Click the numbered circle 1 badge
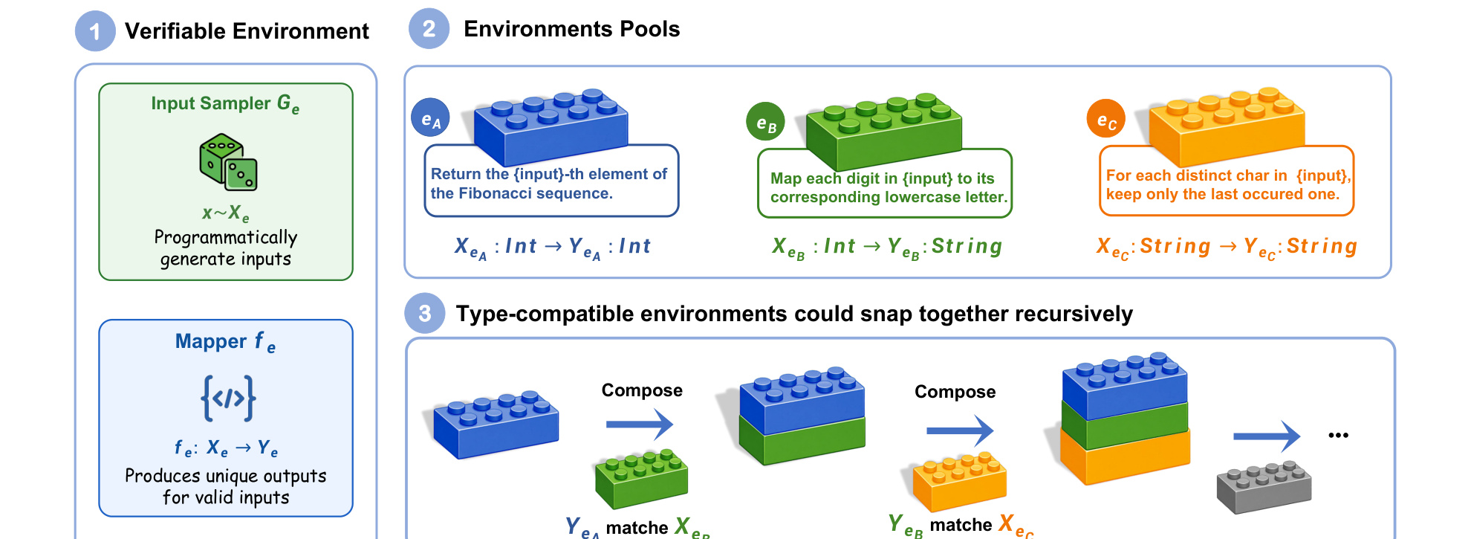[95, 31]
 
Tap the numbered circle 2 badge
[429, 29]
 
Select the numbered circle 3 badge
[424, 313]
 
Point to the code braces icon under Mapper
[228, 398]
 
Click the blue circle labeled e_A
[431, 119]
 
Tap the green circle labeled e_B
[765, 122]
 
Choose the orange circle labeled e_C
[1106, 119]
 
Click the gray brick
[1264, 487]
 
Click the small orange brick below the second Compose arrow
[959, 482]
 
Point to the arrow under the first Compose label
[640, 425]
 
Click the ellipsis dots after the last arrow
[1338, 436]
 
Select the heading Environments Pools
[571, 29]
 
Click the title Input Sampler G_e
[225, 104]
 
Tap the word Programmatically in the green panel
[226, 238]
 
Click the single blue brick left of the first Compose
[496, 423]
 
